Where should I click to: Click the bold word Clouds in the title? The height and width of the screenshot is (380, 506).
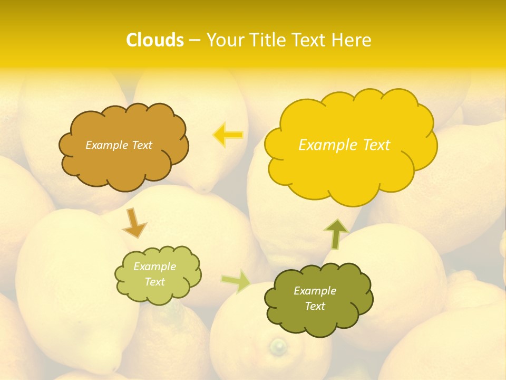(x=155, y=40)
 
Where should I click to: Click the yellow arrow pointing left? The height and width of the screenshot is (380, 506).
(x=228, y=135)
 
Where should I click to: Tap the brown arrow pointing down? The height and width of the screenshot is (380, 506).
(x=134, y=223)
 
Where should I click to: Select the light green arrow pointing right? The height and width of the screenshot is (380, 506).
(x=236, y=281)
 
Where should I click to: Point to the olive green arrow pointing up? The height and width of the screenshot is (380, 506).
(x=336, y=234)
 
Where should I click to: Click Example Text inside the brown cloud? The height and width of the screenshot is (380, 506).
(x=119, y=145)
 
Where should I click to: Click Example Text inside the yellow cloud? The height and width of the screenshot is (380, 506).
(x=344, y=145)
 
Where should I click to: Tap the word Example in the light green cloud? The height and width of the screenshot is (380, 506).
(x=154, y=267)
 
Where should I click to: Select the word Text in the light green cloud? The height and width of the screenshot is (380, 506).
(x=154, y=282)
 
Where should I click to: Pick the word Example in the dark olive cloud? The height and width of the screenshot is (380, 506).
(x=315, y=291)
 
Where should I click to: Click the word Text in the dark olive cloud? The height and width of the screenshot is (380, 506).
(x=315, y=306)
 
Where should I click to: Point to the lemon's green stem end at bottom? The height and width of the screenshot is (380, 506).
(x=278, y=346)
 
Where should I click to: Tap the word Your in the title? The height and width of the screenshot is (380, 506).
(x=222, y=40)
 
